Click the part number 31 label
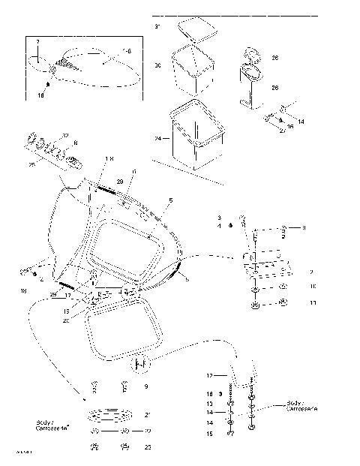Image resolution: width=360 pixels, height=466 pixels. pyautogui.click(x=157, y=26)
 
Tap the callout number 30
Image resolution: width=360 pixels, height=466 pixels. pyautogui.click(x=157, y=66)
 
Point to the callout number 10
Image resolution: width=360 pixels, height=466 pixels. pyautogui.click(x=313, y=286)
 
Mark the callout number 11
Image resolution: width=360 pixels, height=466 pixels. pyautogui.click(x=313, y=303)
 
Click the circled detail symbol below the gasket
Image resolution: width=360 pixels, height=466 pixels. pyautogui.click(x=139, y=365)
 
